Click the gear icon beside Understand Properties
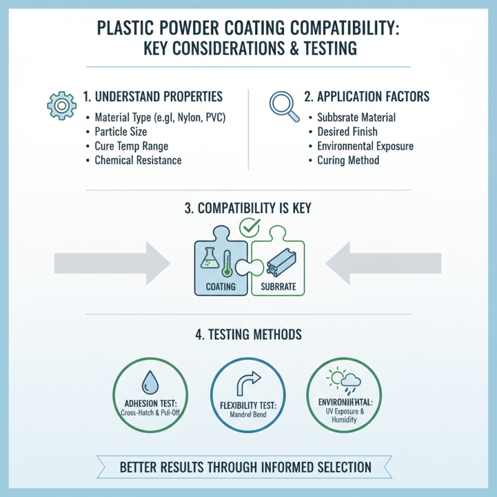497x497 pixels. [x=61, y=106]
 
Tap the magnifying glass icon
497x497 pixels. [x=285, y=104]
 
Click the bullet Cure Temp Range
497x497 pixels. [x=130, y=146]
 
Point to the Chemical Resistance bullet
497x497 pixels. [x=137, y=160]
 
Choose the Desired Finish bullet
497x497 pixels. [x=347, y=132]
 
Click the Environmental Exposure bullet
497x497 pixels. [x=365, y=146]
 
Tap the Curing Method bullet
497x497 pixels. [x=348, y=160]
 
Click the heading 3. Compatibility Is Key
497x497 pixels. [x=248, y=208]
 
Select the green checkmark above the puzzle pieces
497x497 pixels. [x=250, y=229]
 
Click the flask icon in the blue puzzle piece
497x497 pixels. [x=209, y=259]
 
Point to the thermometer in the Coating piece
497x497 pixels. [x=228, y=261]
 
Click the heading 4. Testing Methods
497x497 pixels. [x=248, y=334]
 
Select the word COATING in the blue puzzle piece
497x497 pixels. [x=221, y=287]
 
